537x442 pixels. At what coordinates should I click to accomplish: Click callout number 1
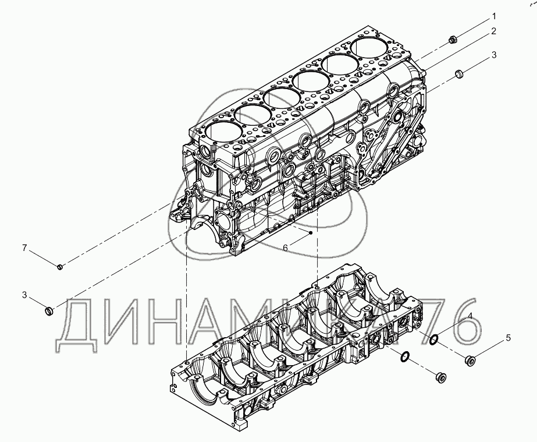494,16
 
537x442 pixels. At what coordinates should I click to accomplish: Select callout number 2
493,31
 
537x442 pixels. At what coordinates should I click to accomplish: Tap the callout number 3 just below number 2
494,55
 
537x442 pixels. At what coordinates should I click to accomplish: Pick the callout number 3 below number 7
24,295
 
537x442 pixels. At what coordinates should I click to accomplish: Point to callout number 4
470,316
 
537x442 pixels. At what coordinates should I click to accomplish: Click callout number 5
508,338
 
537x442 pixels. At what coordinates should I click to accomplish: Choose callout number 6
285,247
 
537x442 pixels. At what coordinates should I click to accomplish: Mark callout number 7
24,247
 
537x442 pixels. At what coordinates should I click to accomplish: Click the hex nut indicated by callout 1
453,40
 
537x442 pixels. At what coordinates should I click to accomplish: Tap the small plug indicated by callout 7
61,266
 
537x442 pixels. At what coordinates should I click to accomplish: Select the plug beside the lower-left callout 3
49,311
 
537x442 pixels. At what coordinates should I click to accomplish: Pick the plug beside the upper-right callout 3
458,74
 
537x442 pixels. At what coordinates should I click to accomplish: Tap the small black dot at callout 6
310,233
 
